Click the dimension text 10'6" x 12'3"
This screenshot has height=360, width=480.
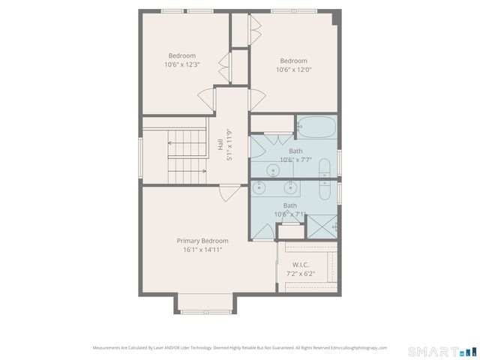(x=182, y=65)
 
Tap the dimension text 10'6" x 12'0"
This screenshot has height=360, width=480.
(x=293, y=70)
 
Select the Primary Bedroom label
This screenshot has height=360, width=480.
(x=202, y=241)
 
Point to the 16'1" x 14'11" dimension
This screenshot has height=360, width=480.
(x=202, y=250)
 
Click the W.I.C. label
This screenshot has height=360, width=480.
(x=300, y=265)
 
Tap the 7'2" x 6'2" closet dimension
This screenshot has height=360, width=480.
(x=300, y=274)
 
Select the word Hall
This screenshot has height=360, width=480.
(x=220, y=145)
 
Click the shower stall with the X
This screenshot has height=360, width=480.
(x=323, y=225)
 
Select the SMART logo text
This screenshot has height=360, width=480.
(x=431, y=351)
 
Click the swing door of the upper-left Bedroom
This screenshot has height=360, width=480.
(x=205, y=98)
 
